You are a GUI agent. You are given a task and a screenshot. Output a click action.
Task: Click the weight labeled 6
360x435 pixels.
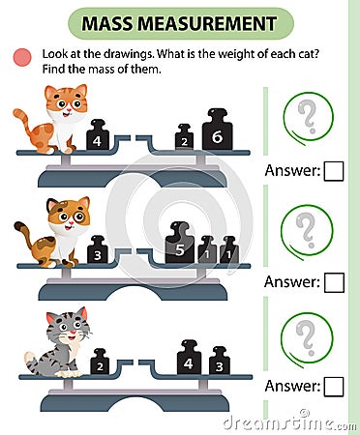pyautogui.click(x=218, y=136)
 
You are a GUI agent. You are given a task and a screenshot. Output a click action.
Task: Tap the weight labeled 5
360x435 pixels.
pyautogui.click(x=179, y=246)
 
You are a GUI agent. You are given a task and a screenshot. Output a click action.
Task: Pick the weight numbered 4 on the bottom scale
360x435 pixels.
pyautogui.click(x=189, y=360)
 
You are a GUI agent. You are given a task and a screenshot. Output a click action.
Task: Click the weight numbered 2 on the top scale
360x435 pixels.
pyautogui.click(x=184, y=141)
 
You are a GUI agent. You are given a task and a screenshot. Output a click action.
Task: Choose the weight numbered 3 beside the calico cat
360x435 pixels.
pyautogui.click(x=97, y=251)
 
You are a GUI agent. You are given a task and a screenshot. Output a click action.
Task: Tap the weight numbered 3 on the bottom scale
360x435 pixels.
pyautogui.click(x=220, y=362)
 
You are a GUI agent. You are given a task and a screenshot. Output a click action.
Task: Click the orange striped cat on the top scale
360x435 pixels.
pyautogui.click(x=60, y=118)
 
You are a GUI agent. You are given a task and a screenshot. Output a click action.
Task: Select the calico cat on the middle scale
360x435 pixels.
pyautogui.click(x=60, y=230)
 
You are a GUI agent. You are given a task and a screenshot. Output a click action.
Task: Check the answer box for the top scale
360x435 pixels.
pyautogui.click(x=334, y=172)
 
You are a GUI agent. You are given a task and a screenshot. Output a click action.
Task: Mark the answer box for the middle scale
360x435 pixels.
pyautogui.click(x=334, y=282)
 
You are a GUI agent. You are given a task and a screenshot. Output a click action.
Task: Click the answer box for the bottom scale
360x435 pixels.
pyautogui.click(x=334, y=388)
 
